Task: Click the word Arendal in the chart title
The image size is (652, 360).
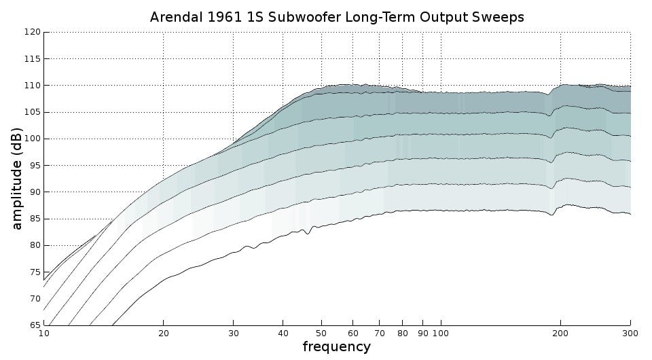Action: [177, 17]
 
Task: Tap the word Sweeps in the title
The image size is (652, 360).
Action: [501, 18]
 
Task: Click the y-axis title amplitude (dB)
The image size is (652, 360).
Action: [16, 179]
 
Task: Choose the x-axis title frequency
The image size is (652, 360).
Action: [336, 346]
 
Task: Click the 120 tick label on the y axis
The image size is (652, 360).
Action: [33, 32]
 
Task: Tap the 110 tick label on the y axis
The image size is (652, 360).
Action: [33, 85]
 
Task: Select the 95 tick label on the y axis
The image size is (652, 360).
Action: [35, 166]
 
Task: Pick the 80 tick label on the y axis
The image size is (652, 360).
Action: [35, 245]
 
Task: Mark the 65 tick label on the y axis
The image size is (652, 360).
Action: [35, 325]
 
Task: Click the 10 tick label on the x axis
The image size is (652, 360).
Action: [43, 334]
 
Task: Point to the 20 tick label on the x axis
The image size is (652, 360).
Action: [164, 334]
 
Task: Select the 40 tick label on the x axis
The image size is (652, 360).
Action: [283, 334]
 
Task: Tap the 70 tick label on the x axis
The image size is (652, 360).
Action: [379, 334]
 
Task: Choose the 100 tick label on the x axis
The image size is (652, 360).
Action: [441, 334]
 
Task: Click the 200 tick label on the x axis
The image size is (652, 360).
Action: [560, 334]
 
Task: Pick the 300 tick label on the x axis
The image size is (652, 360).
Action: [630, 334]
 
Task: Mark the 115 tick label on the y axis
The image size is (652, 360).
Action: [33, 58]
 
